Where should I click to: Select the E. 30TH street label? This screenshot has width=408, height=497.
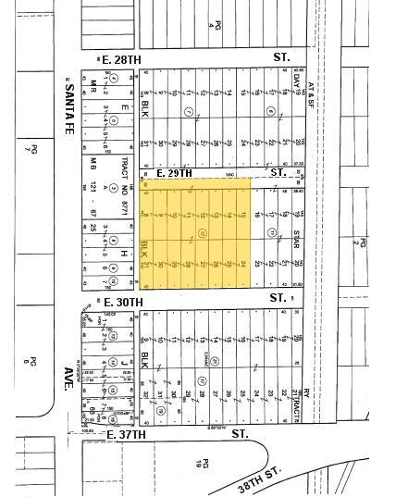click(123, 302)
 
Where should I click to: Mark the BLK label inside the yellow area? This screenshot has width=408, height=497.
click(144, 249)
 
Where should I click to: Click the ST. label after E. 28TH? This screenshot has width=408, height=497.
click(281, 57)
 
